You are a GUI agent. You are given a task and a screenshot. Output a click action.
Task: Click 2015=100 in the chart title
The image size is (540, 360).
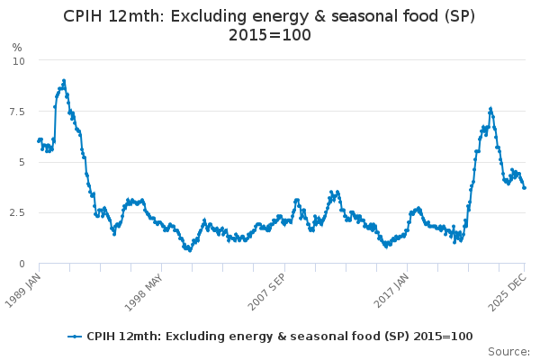pos(270,35)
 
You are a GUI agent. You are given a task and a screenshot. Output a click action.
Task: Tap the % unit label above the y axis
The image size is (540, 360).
pos(16,48)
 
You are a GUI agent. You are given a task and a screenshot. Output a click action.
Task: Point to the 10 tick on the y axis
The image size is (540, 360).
pos(19,60)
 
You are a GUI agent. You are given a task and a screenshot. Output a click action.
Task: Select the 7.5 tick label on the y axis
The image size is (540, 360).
pos(17,112)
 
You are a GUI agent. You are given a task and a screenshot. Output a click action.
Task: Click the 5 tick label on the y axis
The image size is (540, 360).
pos(22,162)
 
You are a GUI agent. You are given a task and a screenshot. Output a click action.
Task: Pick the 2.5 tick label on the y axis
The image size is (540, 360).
pos(17,212)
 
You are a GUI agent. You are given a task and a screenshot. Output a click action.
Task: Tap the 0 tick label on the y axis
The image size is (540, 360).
pos(22,264)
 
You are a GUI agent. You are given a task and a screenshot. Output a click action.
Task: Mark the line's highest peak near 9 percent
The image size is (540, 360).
pos(64,80)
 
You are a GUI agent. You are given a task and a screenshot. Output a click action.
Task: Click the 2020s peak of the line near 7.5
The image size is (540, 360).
pos(490,108)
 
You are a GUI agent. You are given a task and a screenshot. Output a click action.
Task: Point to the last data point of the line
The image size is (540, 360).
pos(525,187)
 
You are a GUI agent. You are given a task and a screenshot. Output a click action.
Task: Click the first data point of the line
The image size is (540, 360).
pos(38,140)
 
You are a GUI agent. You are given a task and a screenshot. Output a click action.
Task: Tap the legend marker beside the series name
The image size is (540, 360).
pos(76,337)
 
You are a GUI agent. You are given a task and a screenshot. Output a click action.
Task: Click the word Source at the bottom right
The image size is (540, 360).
pos(508,352)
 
